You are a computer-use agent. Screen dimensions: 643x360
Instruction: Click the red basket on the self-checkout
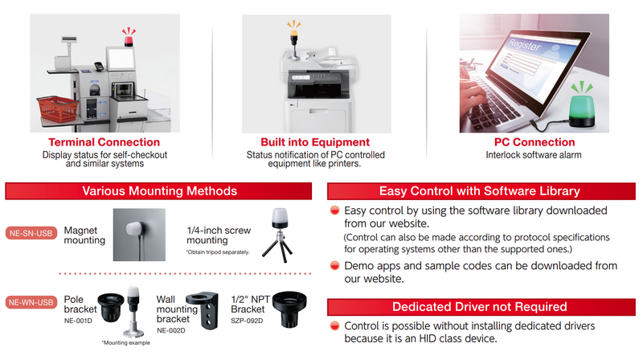click(x=57, y=108)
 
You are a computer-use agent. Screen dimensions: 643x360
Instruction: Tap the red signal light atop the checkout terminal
click(x=129, y=40)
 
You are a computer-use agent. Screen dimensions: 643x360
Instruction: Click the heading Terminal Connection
click(x=104, y=142)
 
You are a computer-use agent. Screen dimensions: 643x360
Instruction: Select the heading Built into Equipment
click(x=315, y=142)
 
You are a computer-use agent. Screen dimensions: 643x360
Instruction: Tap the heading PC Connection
click(x=534, y=142)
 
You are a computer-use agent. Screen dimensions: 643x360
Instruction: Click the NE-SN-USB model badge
click(x=31, y=233)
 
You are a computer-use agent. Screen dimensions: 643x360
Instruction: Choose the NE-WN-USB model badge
click(x=31, y=302)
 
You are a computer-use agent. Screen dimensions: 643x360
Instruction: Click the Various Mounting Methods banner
click(x=158, y=191)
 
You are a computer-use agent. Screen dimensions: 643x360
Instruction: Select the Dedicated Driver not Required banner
click(x=481, y=307)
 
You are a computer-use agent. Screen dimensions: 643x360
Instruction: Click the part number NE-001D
click(x=78, y=321)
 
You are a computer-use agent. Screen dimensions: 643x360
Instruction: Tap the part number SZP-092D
click(x=247, y=321)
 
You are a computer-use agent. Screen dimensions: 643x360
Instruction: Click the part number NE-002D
click(x=171, y=330)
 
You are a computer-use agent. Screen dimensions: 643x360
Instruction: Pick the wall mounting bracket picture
click(x=203, y=310)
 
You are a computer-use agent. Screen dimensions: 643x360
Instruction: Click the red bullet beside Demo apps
click(x=335, y=266)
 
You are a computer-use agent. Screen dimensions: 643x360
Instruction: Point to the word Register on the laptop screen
click(x=525, y=44)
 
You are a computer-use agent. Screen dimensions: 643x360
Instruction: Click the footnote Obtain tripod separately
click(x=218, y=252)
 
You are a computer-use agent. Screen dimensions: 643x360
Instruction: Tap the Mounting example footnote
click(x=126, y=343)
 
